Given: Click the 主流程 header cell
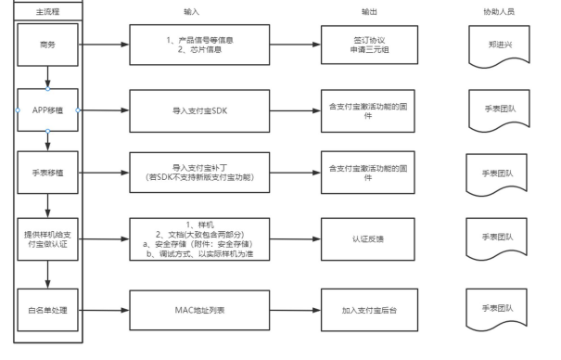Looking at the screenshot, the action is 48,12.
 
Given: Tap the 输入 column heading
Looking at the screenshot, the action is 191,12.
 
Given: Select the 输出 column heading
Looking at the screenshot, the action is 369,12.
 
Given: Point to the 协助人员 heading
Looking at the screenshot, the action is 499,12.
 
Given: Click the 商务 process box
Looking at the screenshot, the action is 47,45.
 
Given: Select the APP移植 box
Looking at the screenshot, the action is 47,110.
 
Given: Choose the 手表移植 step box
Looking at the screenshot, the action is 47,173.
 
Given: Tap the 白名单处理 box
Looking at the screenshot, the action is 47,310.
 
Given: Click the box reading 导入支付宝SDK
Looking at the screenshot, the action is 199,111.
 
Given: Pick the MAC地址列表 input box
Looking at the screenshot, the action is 199,310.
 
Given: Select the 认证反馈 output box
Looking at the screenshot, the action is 368,239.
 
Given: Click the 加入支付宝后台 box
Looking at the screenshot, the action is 369,310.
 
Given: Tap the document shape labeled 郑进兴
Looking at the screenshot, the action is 500,45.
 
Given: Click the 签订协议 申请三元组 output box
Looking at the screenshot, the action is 369,45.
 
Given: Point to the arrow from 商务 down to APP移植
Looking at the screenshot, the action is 47,77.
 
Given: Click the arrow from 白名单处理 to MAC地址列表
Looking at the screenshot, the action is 104,310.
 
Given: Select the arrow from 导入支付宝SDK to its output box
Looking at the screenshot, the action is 296,111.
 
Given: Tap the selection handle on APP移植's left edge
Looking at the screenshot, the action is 18,110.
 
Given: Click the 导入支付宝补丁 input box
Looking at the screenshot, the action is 199,173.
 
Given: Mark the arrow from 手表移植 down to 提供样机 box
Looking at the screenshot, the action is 47,206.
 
